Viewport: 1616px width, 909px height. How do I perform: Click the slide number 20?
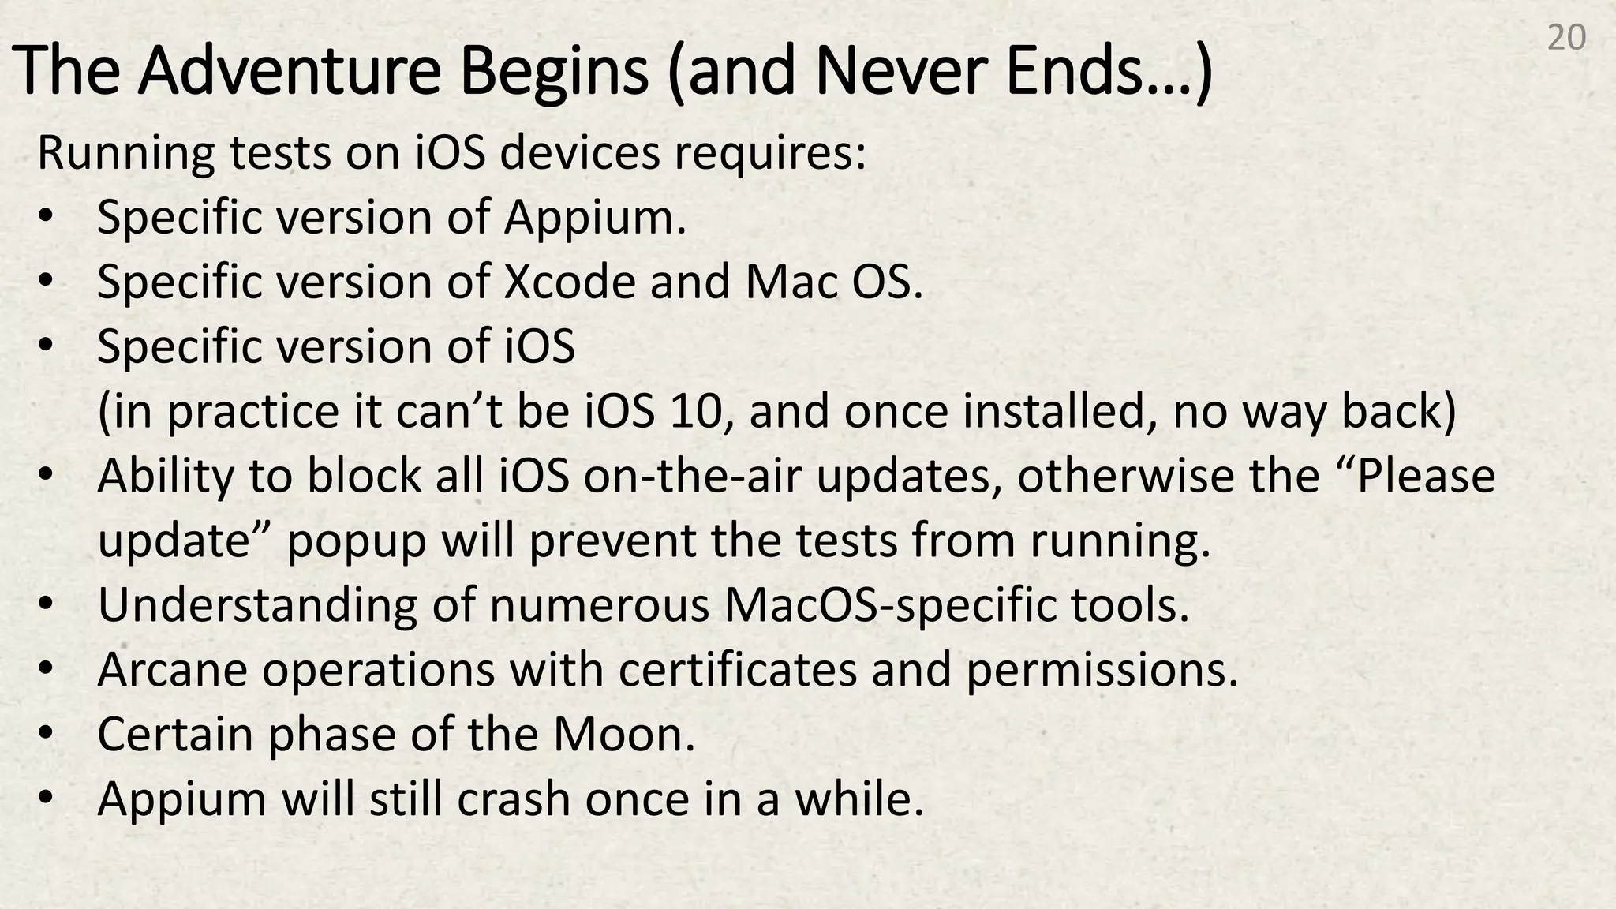click(1566, 38)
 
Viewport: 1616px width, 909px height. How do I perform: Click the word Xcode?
click(570, 282)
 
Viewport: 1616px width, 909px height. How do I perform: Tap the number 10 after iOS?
click(695, 412)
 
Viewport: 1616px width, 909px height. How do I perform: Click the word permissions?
click(1102, 670)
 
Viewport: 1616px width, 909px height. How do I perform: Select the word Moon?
click(623, 735)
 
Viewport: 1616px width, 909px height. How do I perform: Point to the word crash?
click(514, 799)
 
